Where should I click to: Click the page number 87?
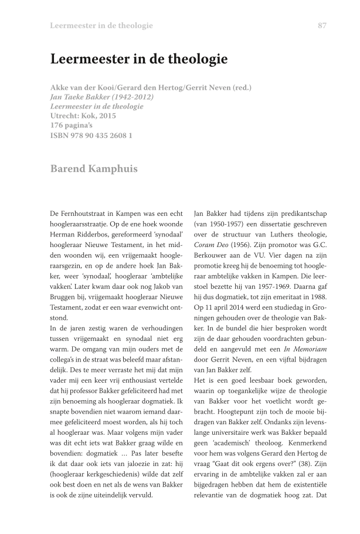(x=322, y=25)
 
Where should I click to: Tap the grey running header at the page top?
(x=101, y=25)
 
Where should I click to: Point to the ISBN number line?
(x=91, y=135)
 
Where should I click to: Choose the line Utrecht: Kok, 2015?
(x=83, y=116)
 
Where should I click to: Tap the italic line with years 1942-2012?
(x=102, y=97)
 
